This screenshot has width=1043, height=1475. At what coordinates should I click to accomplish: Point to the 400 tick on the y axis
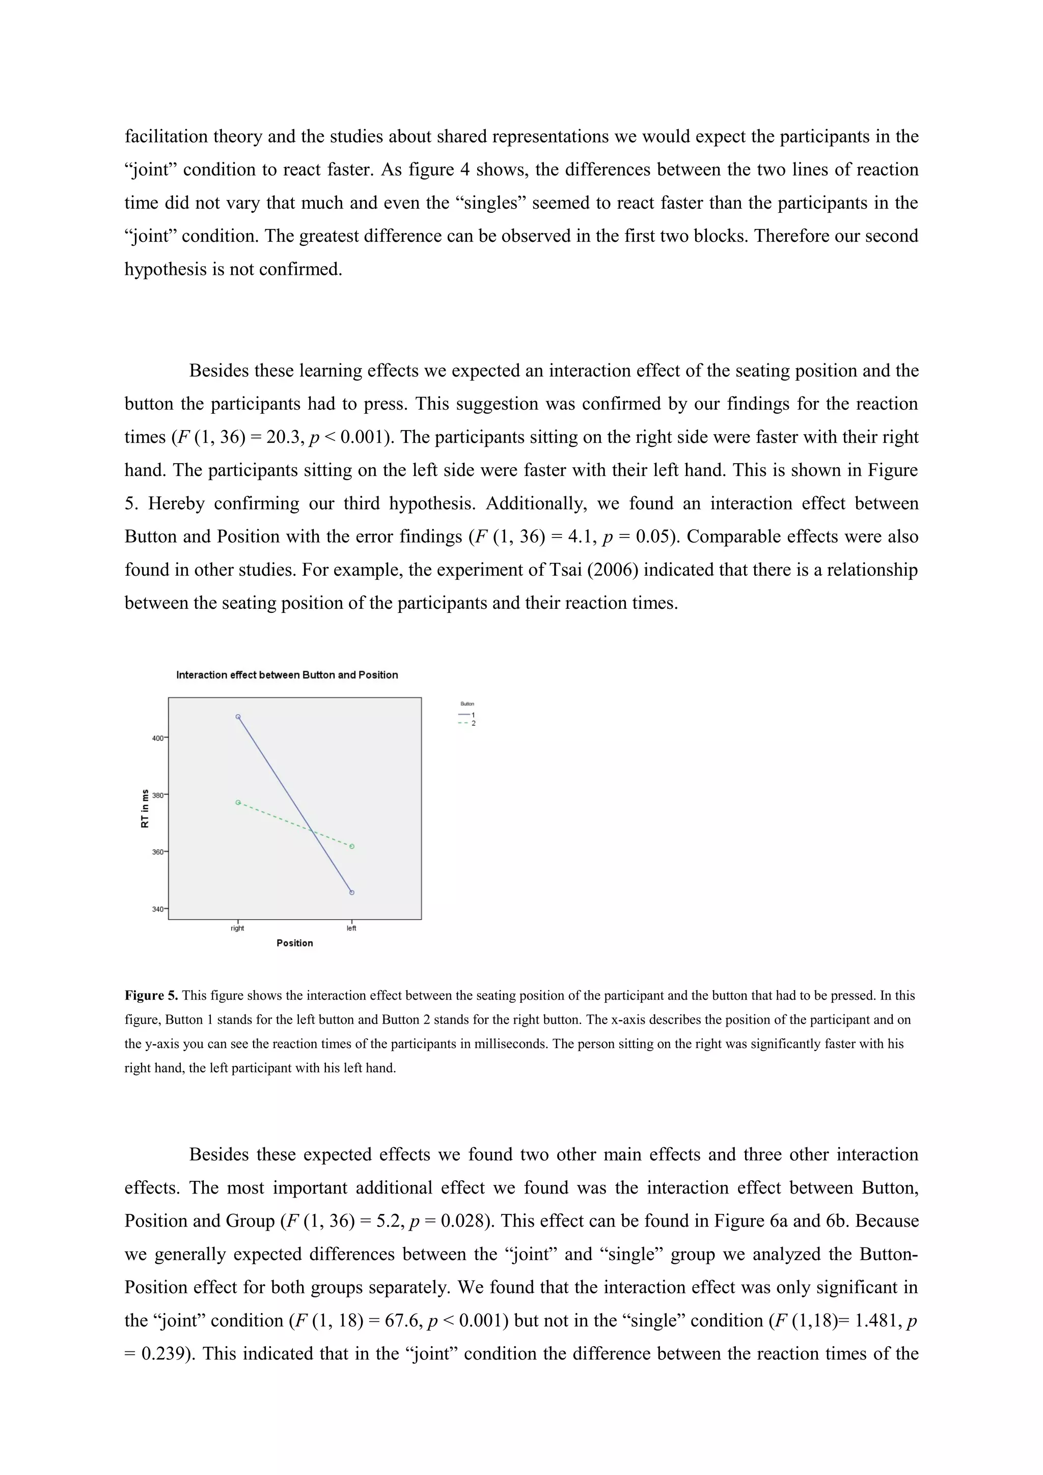[157, 738]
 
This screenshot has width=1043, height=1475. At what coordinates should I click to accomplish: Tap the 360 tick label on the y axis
[157, 852]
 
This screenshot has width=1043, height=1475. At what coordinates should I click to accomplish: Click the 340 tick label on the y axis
[157, 909]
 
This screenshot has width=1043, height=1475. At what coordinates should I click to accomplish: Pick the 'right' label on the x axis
[238, 928]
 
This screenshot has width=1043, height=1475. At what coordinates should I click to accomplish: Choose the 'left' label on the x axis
[351, 928]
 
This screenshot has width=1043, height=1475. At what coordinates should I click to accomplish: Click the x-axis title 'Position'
[295, 943]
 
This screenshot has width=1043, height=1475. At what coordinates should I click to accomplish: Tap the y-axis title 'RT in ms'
[145, 808]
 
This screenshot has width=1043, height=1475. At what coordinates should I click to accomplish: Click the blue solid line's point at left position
[352, 892]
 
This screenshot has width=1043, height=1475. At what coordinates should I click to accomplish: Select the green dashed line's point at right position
[238, 802]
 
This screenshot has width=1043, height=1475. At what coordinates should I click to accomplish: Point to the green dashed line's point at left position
[352, 847]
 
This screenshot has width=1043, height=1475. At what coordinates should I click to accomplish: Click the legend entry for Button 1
[467, 715]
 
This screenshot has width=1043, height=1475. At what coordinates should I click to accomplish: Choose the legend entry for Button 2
[467, 723]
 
